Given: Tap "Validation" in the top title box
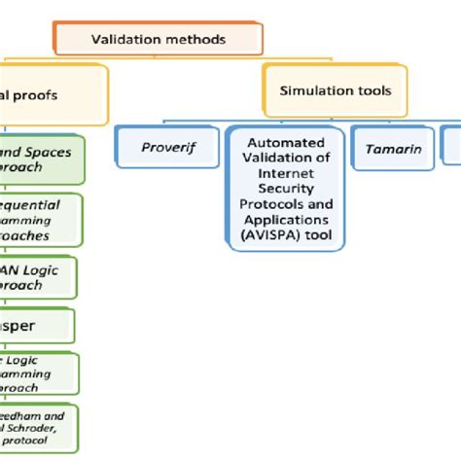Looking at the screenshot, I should (x=129, y=40).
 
